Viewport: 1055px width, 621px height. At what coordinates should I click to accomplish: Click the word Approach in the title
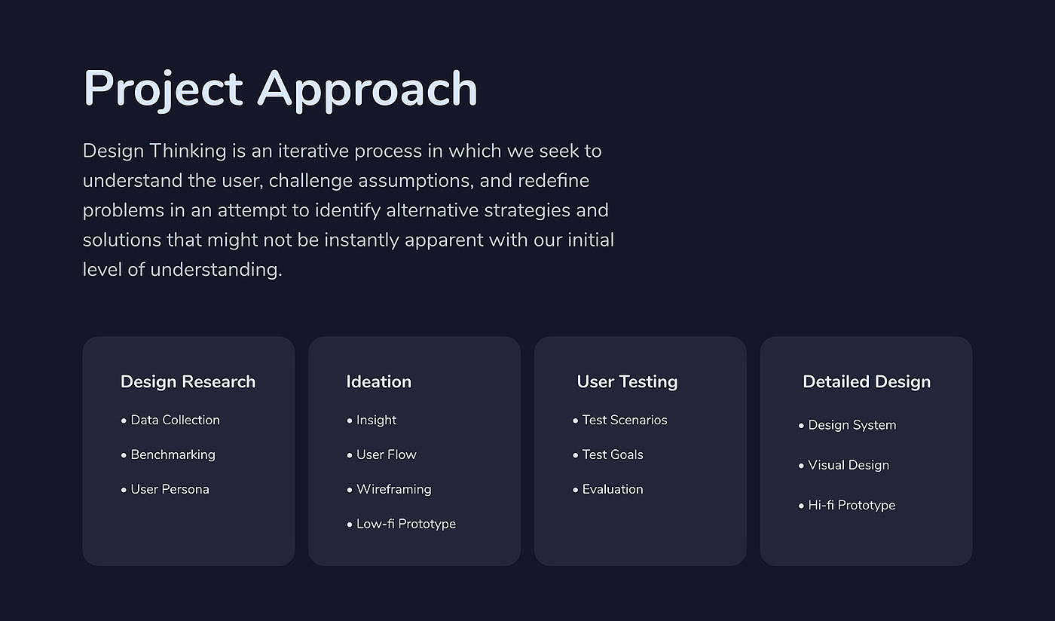pyautogui.click(x=368, y=90)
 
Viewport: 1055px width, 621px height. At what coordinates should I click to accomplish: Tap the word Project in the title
pyautogui.click(x=163, y=90)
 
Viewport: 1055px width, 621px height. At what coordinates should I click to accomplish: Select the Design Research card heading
pyautogui.click(x=188, y=382)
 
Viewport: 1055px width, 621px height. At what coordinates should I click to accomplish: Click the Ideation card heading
pyautogui.click(x=378, y=381)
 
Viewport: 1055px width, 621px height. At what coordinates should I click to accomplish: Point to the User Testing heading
pyautogui.click(x=627, y=382)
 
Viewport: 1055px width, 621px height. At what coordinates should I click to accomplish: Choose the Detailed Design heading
pyautogui.click(x=867, y=382)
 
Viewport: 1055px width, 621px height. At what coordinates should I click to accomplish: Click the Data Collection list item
pyautogui.click(x=175, y=420)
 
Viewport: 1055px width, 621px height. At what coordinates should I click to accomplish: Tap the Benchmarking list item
pyautogui.click(x=173, y=454)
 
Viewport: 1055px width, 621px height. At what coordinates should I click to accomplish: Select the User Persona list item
pyautogui.click(x=170, y=489)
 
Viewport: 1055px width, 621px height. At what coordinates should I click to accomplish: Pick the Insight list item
pyautogui.click(x=376, y=421)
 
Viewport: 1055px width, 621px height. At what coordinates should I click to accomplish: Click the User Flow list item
pyautogui.click(x=386, y=454)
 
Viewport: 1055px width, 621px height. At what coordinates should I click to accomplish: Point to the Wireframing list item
pyautogui.click(x=393, y=490)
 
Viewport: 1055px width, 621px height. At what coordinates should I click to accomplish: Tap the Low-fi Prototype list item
pyautogui.click(x=406, y=524)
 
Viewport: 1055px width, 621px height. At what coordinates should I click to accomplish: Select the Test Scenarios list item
pyautogui.click(x=625, y=420)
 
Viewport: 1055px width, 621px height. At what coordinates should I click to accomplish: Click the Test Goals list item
pyautogui.click(x=613, y=454)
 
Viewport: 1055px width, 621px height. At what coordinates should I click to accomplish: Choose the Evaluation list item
pyautogui.click(x=613, y=489)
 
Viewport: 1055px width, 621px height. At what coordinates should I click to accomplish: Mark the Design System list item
pyautogui.click(x=852, y=426)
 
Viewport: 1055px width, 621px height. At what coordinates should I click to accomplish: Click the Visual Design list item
pyautogui.click(x=849, y=466)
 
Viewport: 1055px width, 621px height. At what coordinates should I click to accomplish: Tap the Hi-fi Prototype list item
pyautogui.click(x=852, y=506)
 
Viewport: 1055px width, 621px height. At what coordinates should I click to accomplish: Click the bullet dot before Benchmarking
pyautogui.click(x=124, y=455)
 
